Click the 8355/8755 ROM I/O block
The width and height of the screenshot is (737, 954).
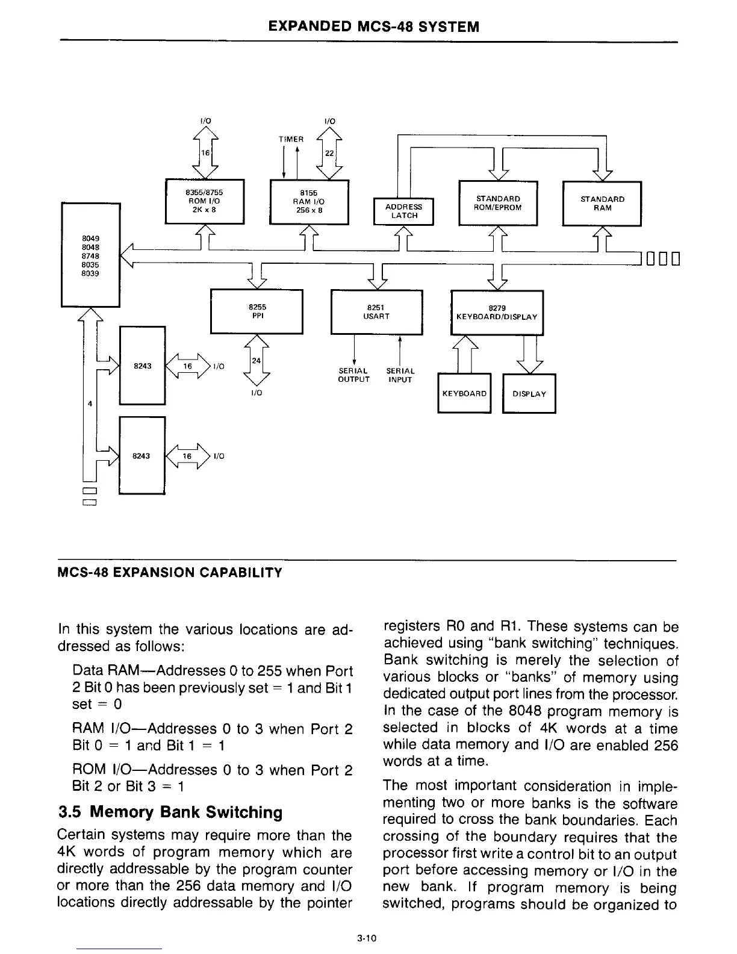point(204,201)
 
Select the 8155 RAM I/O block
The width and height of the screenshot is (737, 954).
point(309,202)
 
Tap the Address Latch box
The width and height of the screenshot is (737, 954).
point(403,211)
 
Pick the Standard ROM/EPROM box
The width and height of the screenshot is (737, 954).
point(497,203)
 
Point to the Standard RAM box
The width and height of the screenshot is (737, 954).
point(602,203)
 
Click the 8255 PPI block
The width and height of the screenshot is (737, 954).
point(256,311)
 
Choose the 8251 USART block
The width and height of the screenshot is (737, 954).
point(377,311)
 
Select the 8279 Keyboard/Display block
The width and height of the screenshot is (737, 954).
point(497,313)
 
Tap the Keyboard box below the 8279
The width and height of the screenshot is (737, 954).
point(464,393)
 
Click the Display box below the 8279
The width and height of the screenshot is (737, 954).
point(529,394)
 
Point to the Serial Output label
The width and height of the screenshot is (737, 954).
point(353,375)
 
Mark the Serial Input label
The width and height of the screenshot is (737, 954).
point(400,375)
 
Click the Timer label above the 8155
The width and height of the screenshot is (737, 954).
point(291,139)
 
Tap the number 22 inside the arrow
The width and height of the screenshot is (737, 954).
point(329,154)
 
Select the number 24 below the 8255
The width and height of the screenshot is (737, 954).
point(256,361)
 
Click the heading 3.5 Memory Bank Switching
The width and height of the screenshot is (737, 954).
point(170,812)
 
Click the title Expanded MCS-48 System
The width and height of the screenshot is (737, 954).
point(373,27)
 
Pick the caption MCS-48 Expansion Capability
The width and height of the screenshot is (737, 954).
point(169,572)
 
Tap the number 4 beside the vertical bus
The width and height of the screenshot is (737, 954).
point(90,404)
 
